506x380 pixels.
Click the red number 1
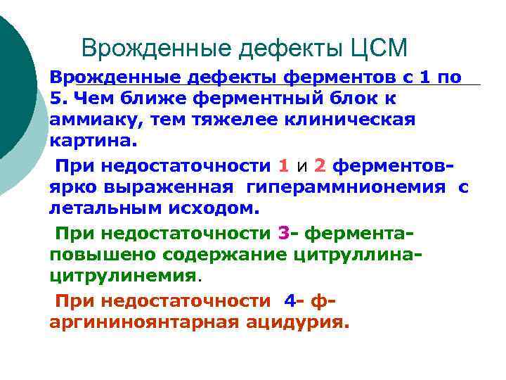(x=283, y=166)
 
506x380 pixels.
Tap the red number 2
(x=320, y=166)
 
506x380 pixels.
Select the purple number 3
(x=284, y=232)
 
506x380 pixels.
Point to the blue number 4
(x=290, y=300)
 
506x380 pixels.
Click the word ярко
(x=72, y=187)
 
